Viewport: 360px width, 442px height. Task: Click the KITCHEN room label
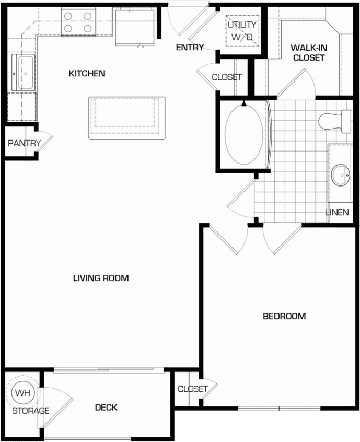click(x=87, y=74)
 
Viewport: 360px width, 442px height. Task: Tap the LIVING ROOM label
click(x=101, y=278)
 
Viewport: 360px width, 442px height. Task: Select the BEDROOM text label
click(x=284, y=316)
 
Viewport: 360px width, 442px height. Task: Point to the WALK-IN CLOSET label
click(x=308, y=53)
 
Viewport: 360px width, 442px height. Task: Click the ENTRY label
click(x=190, y=48)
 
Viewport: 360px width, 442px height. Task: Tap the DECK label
click(x=106, y=408)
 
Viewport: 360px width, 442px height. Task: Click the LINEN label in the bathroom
click(x=337, y=212)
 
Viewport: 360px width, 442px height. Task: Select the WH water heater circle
click(x=22, y=392)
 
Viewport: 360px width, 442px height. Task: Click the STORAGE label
click(x=31, y=411)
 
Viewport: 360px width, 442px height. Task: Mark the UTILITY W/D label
click(x=241, y=30)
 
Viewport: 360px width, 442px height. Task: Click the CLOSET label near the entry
click(x=227, y=77)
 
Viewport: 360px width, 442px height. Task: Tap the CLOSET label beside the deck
click(x=193, y=389)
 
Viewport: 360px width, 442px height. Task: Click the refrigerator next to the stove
click(x=133, y=27)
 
